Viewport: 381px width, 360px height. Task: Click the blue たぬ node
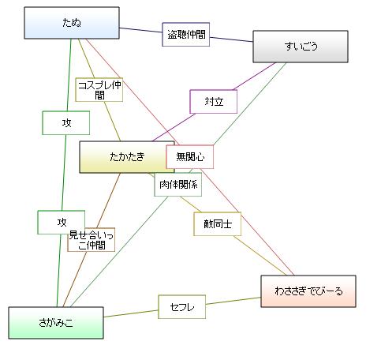pos(72,23)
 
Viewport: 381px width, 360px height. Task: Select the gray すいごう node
pos(301,47)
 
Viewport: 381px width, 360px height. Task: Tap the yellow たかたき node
pos(127,157)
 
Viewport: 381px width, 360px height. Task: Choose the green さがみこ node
pos(56,323)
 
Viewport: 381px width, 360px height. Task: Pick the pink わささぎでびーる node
pos(308,291)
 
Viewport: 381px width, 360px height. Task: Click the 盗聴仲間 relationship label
pos(186,35)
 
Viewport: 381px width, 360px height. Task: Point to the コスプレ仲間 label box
pos(99,90)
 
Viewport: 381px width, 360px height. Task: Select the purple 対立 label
pos(214,102)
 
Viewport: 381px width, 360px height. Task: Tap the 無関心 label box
pos(190,157)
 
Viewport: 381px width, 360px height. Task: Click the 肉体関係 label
pos(178,185)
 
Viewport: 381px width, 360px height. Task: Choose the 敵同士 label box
pos(218,224)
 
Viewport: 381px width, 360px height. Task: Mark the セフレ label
pos(182,307)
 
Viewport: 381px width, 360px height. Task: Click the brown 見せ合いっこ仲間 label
pos(92,240)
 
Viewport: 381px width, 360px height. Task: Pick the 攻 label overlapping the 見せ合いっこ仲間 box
pos(62,223)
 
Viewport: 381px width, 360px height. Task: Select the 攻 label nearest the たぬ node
pos(66,123)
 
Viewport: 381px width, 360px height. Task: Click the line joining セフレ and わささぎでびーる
pos(233,301)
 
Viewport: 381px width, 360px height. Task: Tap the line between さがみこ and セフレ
pos(131,313)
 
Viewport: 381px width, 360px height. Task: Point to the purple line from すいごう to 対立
pos(254,77)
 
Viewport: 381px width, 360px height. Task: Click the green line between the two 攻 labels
pos(64,173)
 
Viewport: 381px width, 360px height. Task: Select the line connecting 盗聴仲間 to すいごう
pos(231,39)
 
